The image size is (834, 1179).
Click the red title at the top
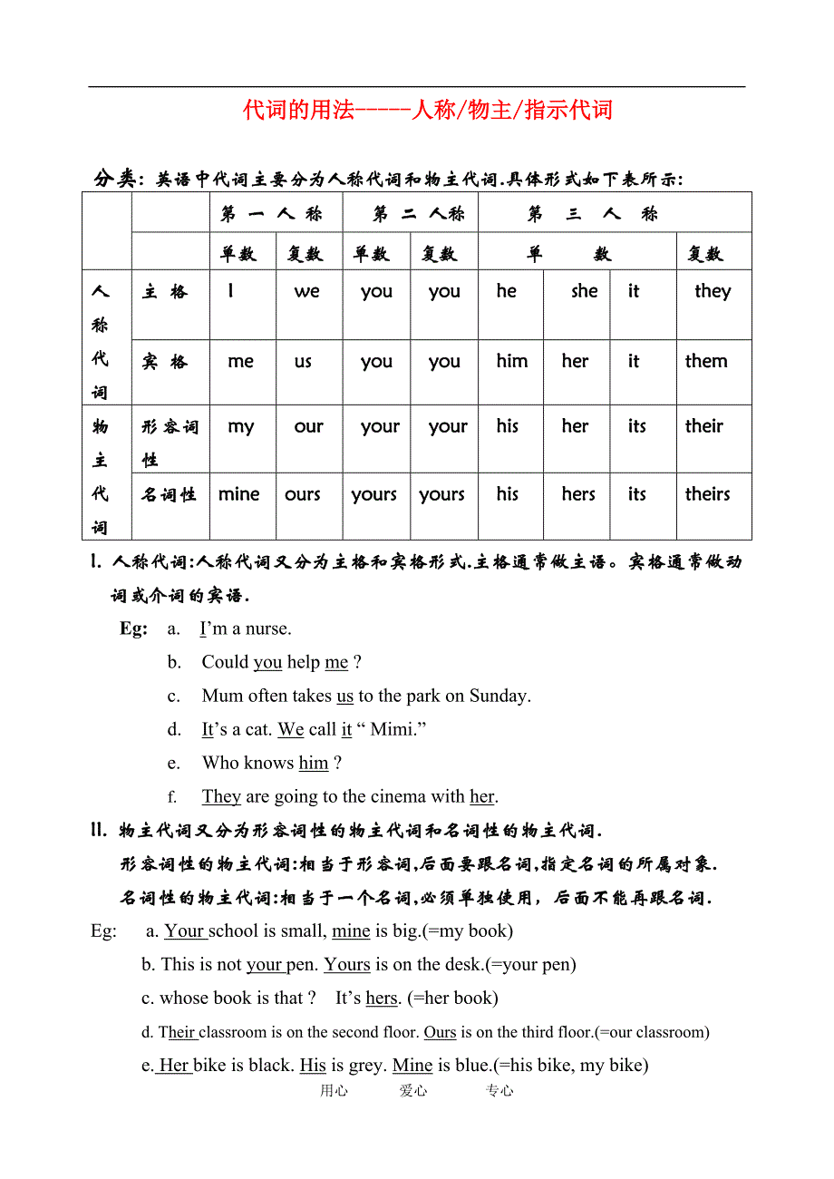[428, 111]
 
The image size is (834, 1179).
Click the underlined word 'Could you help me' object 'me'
[336, 662]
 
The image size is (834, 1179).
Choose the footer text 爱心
[413, 1091]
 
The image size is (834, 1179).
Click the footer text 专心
[499, 1091]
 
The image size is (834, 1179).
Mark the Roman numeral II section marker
[99, 830]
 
